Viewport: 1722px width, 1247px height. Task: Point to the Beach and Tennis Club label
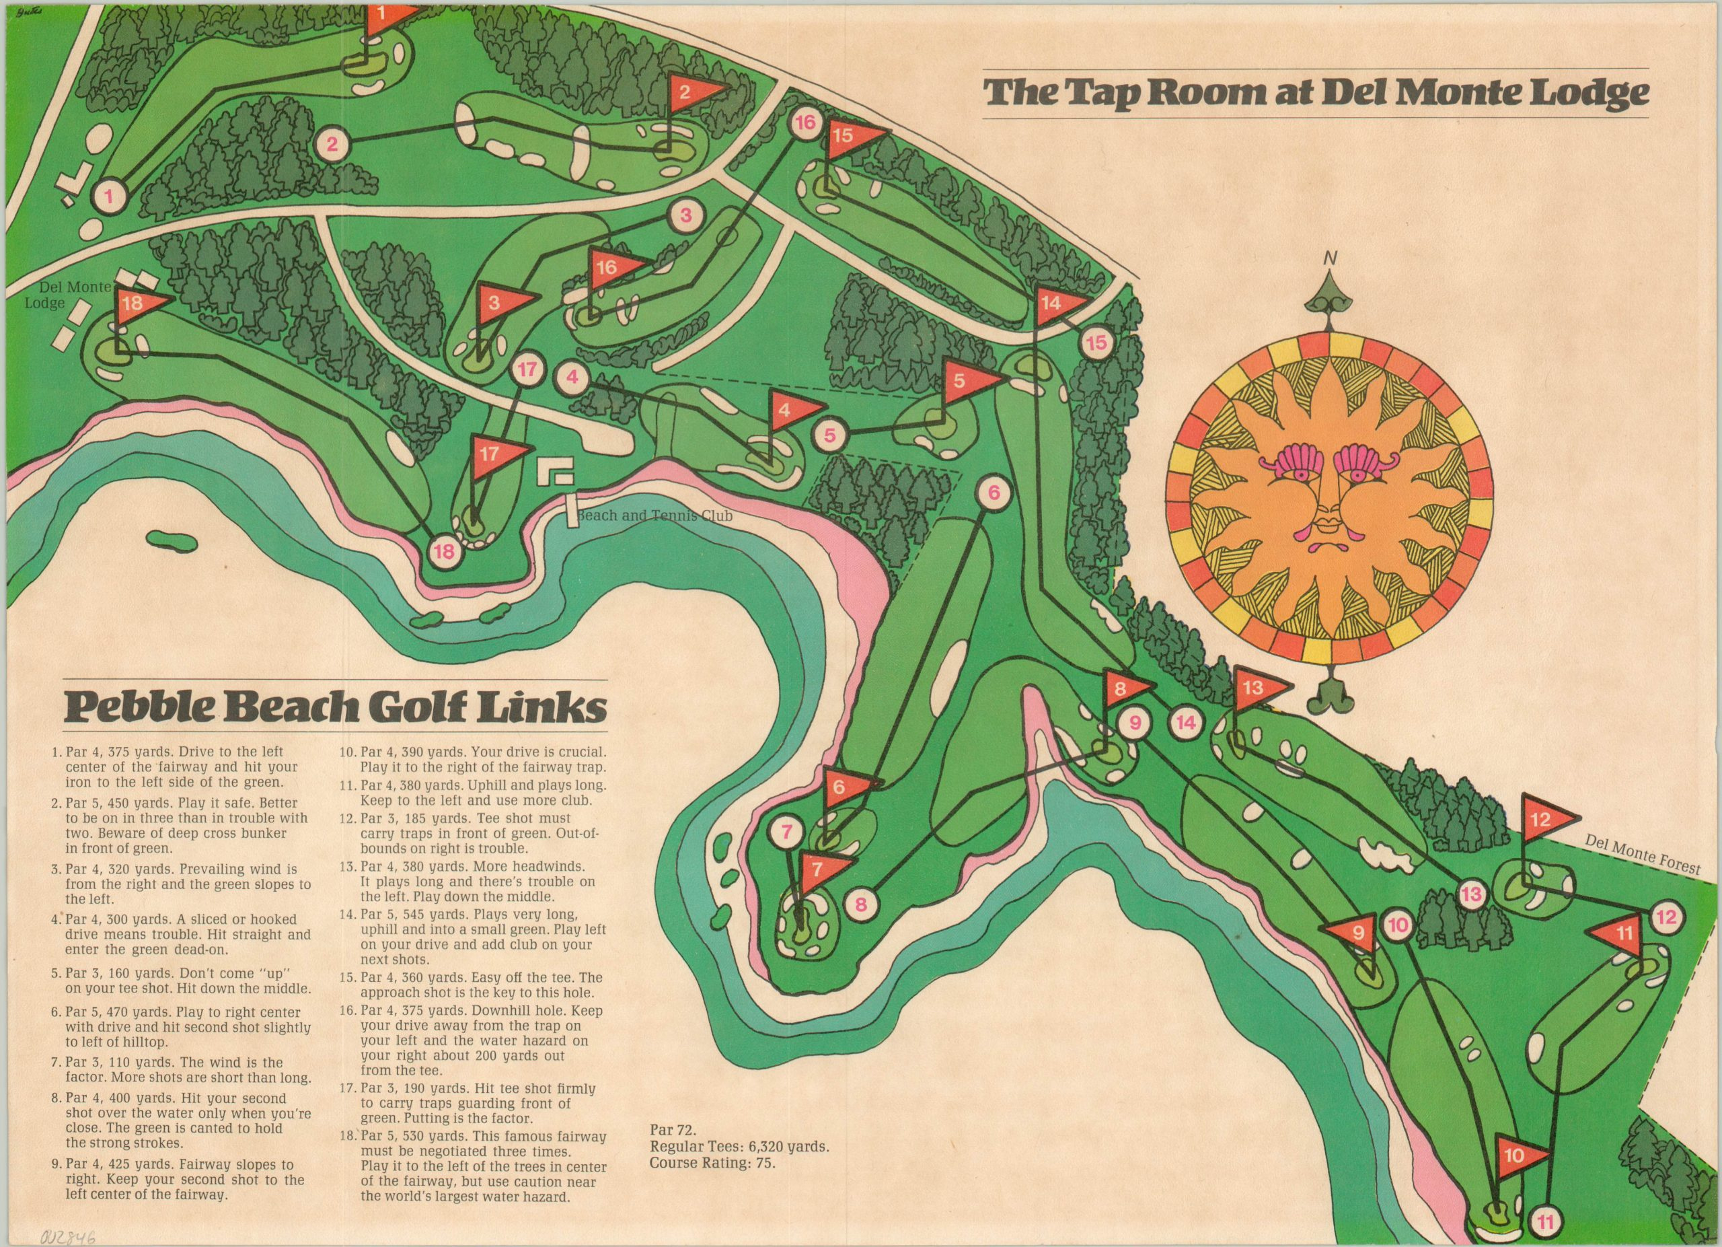[654, 515]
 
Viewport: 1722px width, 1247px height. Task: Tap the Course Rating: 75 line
[714, 1183]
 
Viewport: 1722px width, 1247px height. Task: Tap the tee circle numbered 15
[1096, 343]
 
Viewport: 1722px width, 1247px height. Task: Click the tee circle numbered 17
[529, 371]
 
